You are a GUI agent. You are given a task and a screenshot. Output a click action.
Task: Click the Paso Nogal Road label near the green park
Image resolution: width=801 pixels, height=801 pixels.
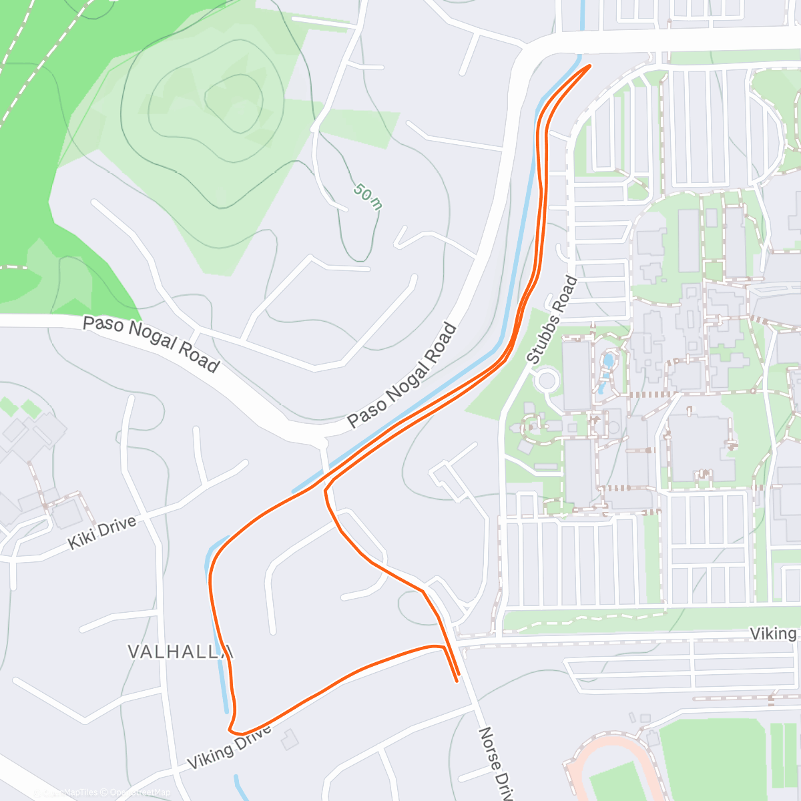click(x=151, y=344)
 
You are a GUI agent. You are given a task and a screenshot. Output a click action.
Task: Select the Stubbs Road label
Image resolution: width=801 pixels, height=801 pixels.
click(x=552, y=320)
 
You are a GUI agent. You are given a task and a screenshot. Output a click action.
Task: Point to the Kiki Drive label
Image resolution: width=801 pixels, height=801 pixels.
click(x=102, y=532)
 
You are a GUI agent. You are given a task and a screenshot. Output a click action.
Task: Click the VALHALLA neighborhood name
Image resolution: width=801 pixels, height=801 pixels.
click(x=180, y=651)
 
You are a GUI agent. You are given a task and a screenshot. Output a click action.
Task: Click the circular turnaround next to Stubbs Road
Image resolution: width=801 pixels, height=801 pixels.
click(x=547, y=380)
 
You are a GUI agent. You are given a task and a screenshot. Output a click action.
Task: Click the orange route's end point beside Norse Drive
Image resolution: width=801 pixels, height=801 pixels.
click(x=457, y=680)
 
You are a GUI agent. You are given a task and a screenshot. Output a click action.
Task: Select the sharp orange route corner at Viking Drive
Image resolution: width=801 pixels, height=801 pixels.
click(x=231, y=730)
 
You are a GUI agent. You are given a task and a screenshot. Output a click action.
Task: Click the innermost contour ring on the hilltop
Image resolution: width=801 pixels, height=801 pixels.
click(x=231, y=99)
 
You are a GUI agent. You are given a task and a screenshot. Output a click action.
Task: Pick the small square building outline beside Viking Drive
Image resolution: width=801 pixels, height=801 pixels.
click(x=290, y=739)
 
